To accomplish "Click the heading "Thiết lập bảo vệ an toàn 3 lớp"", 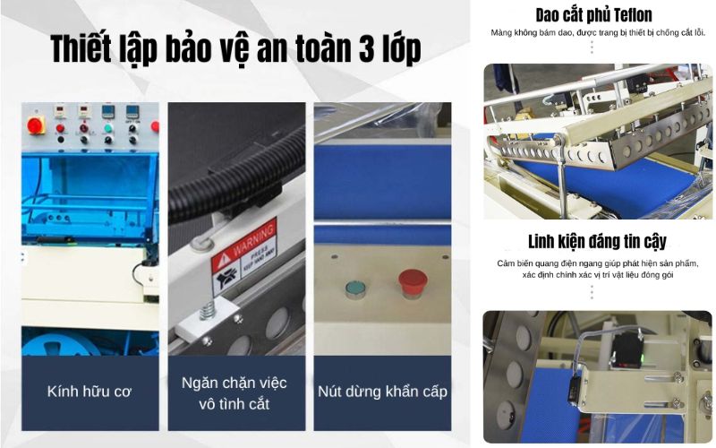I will point(234,49).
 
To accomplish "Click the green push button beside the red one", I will point(354,289).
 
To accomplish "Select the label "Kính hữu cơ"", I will point(90,392).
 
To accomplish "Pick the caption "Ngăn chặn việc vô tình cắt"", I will point(234,392).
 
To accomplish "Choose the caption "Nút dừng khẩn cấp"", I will point(382,392).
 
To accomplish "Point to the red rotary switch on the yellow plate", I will point(38,125).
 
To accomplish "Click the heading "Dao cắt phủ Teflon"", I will point(593,14).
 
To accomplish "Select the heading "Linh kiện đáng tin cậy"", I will point(598,242).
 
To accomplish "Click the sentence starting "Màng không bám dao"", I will point(598,33).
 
